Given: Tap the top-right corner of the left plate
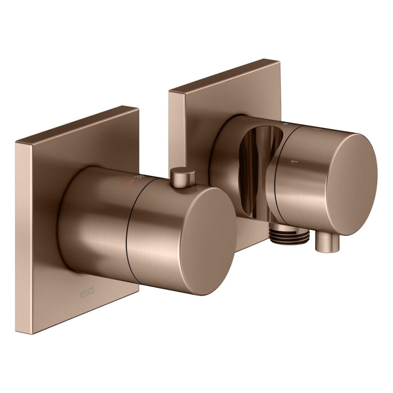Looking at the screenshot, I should (138, 107).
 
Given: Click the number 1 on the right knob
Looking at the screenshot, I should (291, 162).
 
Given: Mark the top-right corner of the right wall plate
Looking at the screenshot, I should (280, 60).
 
